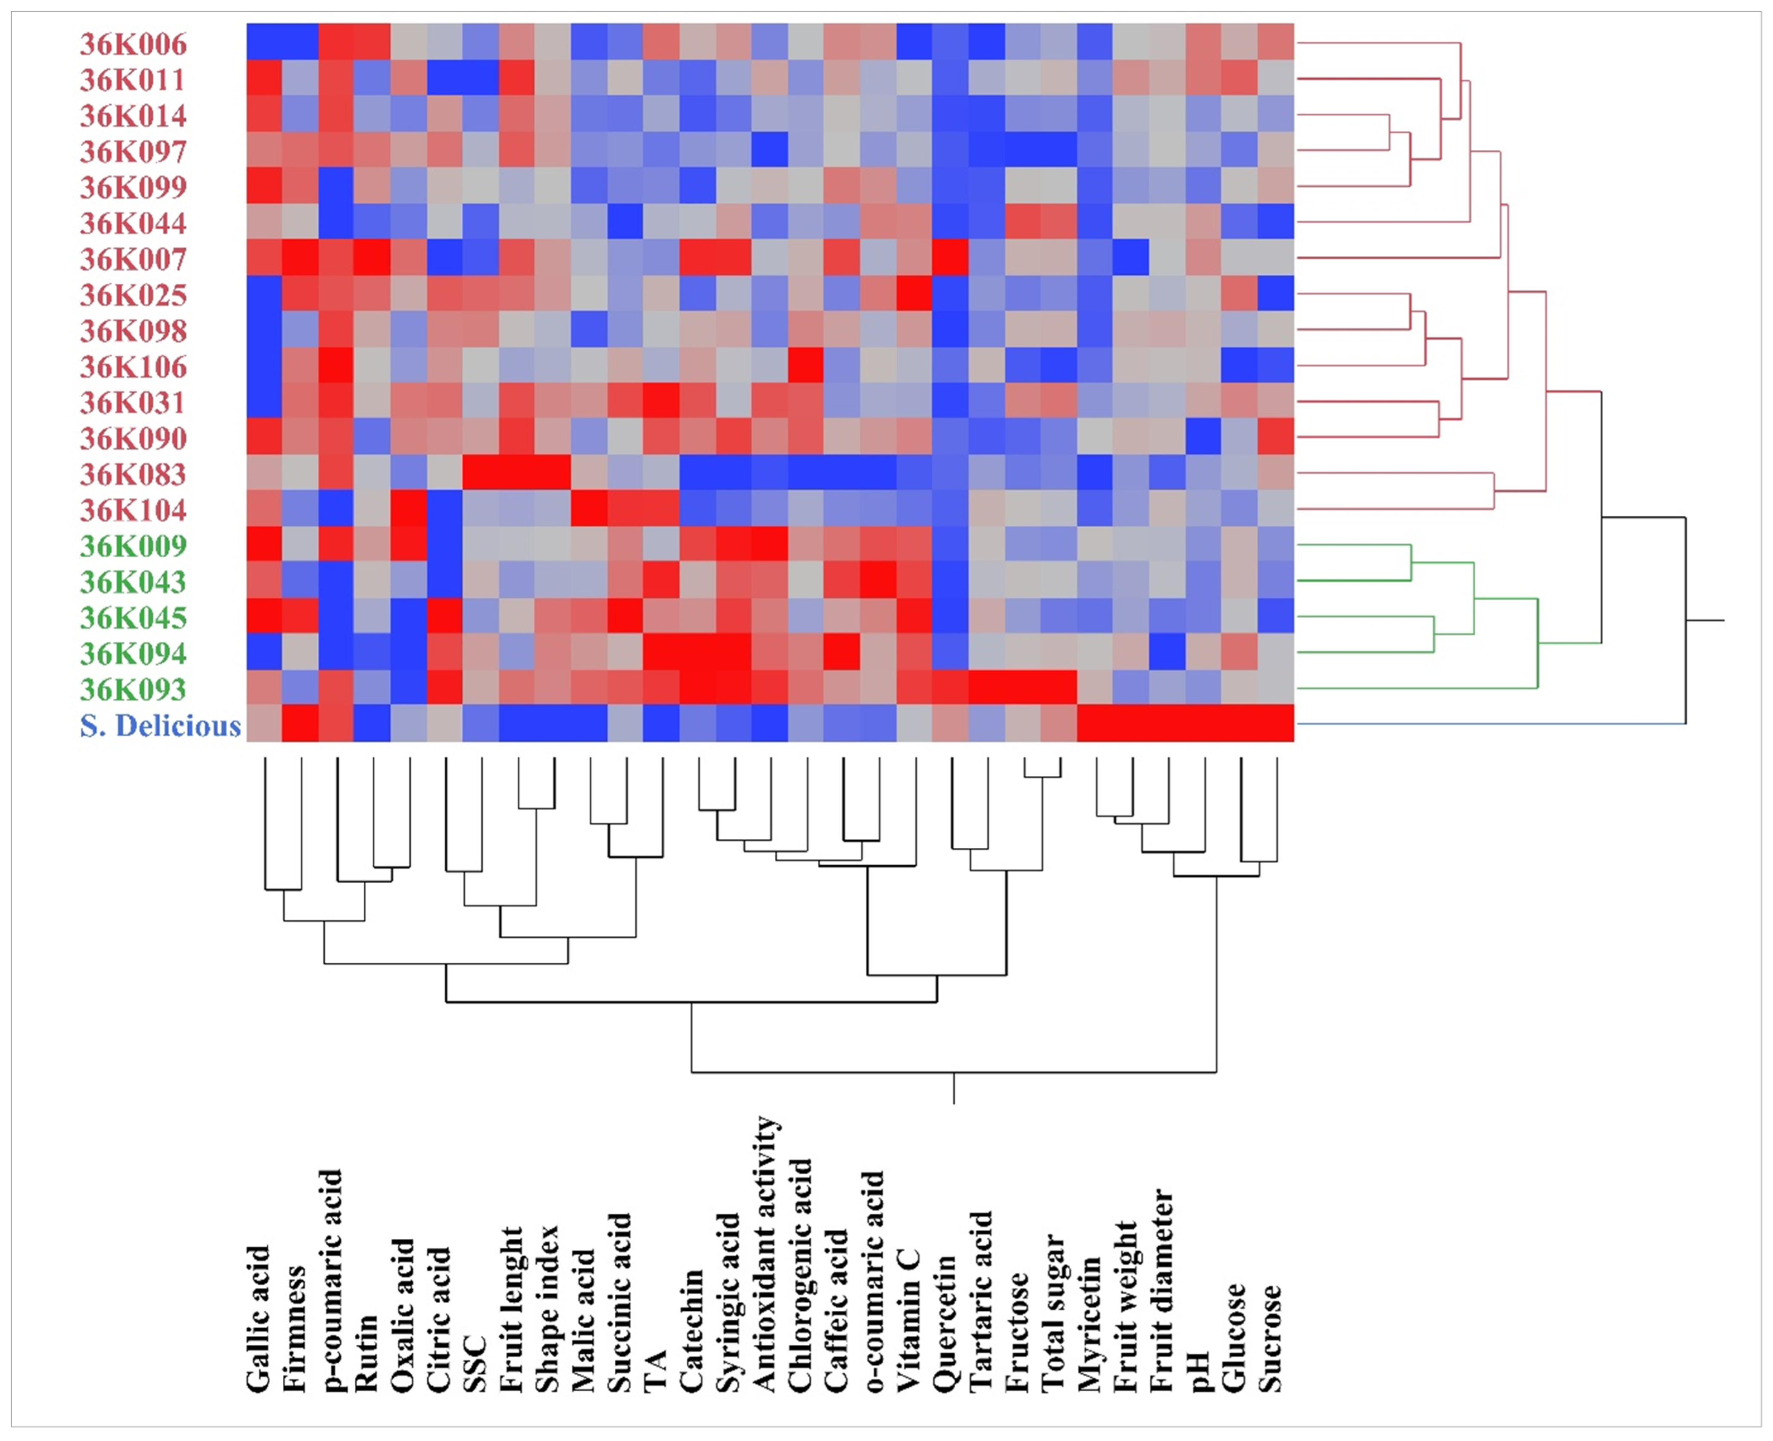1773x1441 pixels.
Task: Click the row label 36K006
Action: [133, 44]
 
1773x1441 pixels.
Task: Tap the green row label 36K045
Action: [133, 617]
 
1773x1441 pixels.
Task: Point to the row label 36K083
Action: [133, 474]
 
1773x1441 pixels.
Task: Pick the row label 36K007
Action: [133, 259]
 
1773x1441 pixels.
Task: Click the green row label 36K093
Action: [133, 689]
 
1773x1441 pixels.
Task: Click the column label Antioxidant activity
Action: [766, 1253]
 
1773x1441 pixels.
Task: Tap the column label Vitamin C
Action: [910, 1320]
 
